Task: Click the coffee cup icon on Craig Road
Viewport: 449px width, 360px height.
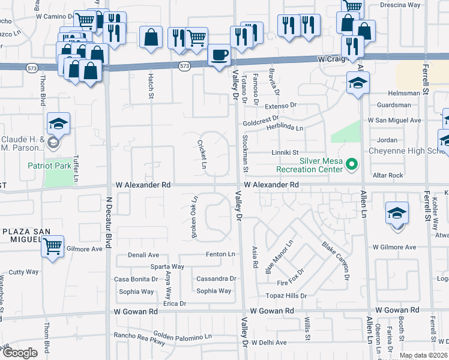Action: click(219, 55)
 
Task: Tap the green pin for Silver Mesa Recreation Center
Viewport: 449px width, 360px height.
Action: click(352, 163)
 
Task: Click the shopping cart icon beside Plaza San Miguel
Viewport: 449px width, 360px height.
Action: click(52, 245)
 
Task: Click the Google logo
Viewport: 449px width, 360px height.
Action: click(20, 353)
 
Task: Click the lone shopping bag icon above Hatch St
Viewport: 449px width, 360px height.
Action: click(151, 37)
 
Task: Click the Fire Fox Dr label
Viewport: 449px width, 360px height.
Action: click(291, 282)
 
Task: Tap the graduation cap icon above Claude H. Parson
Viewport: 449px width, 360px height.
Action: click(59, 124)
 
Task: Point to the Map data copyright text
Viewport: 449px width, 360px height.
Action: click(423, 355)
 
